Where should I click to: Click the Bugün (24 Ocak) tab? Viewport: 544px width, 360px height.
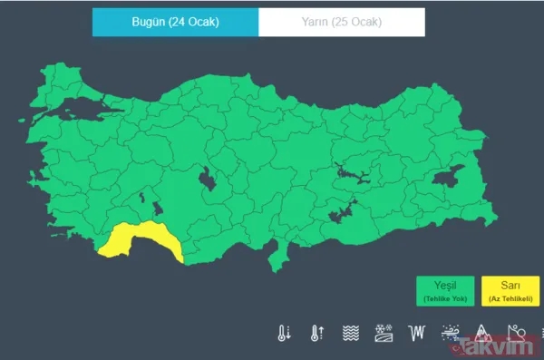click(175, 22)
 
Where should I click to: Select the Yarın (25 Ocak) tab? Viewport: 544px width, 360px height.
click(342, 22)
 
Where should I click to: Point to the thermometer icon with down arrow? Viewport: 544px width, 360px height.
click(285, 333)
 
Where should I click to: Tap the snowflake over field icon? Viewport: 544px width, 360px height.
click(384, 333)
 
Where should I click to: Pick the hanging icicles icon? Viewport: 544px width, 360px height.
click(416, 333)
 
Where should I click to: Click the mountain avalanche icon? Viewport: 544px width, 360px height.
click(482, 333)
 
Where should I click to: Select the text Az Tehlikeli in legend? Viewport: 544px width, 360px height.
click(509, 298)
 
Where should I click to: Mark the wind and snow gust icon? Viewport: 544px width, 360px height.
click(449, 333)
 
